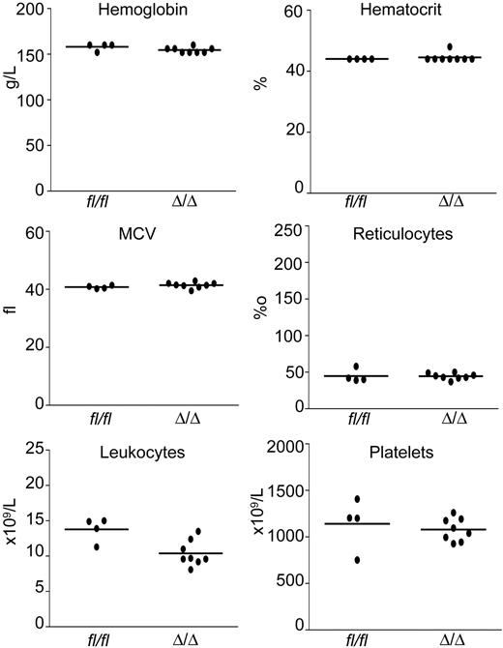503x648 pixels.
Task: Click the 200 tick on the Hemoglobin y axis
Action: [23, 10]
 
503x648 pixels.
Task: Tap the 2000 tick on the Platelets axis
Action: [286, 446]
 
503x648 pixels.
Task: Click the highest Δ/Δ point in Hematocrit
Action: [448, 46]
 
